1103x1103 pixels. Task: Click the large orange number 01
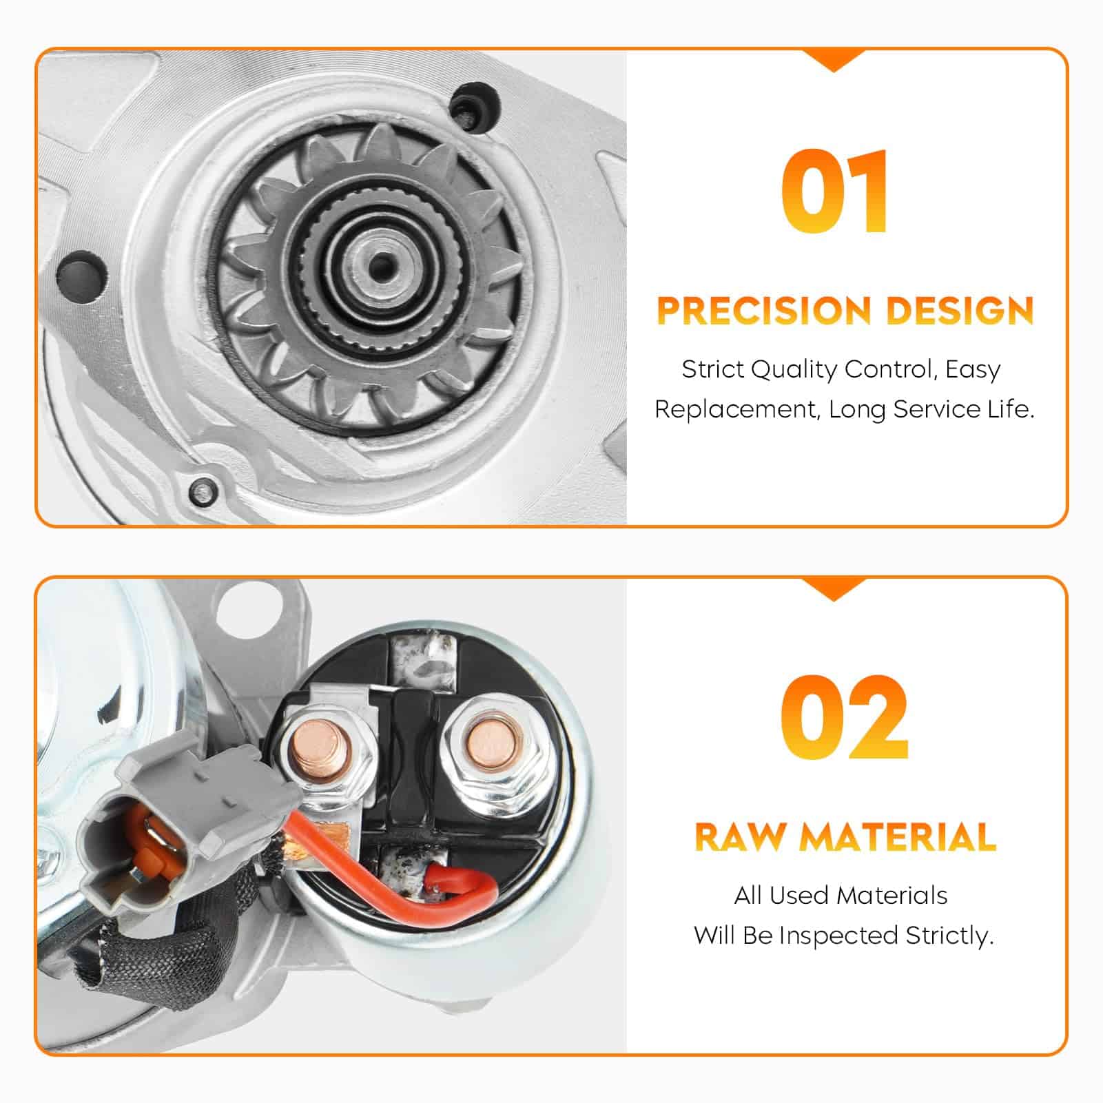pyautogui.click(x=834, y=191)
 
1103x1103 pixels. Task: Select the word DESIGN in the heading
pyautogui.click(x=960, y=311)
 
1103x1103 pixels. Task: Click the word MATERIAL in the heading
pyautogui.click(x=898, y=837)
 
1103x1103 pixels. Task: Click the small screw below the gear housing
pyautogui.click(x=203, y=490)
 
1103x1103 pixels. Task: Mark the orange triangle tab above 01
pyautogui.click(x=834, y=61)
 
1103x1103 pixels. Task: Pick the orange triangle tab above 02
pyautogui.click(x=834, y=590)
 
